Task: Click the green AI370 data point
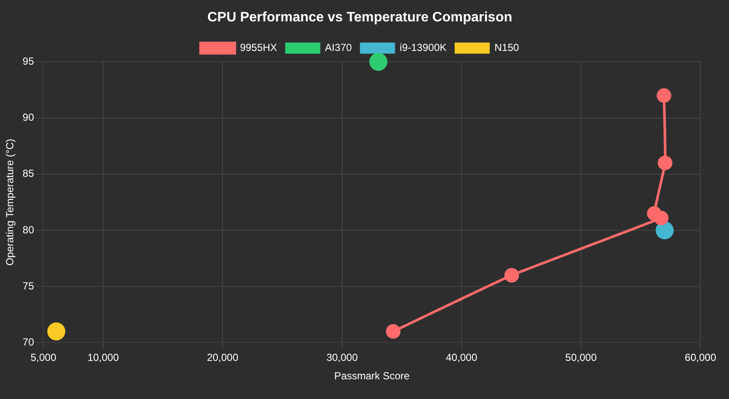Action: [x=378, y=62]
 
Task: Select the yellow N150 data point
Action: [x=56, y=331]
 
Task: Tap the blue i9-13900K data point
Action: [x=664, y=230]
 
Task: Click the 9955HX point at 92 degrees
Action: [x=664, y=95]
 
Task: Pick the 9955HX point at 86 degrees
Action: [x=665, y=163]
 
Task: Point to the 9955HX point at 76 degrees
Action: [x=511, y=275]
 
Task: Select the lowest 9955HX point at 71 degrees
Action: [x=393, y=331]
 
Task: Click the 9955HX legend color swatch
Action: [x=217, y=48]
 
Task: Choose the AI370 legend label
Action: [x=338, y=48]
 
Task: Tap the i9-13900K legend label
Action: [x=423, y=48]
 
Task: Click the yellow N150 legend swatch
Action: [x=472, y=48]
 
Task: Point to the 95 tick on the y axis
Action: [x=28, y=62]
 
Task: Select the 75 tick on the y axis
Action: [x=28, y=286]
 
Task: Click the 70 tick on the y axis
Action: [x=28, y=342]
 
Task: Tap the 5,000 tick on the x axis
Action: [x=43, y=358]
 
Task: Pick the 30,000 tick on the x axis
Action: [x=342, y=358]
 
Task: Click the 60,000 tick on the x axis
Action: [x=700, y=358]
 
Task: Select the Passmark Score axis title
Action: [x=371, y=376]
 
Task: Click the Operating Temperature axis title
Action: [x=10, y=202]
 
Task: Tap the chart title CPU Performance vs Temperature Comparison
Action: [x=359, y=17]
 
